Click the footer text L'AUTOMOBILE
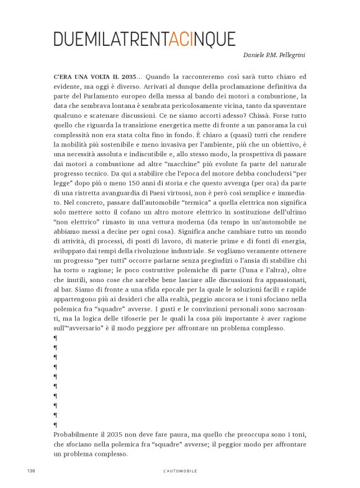[179, 471]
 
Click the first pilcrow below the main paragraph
[56, 337]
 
